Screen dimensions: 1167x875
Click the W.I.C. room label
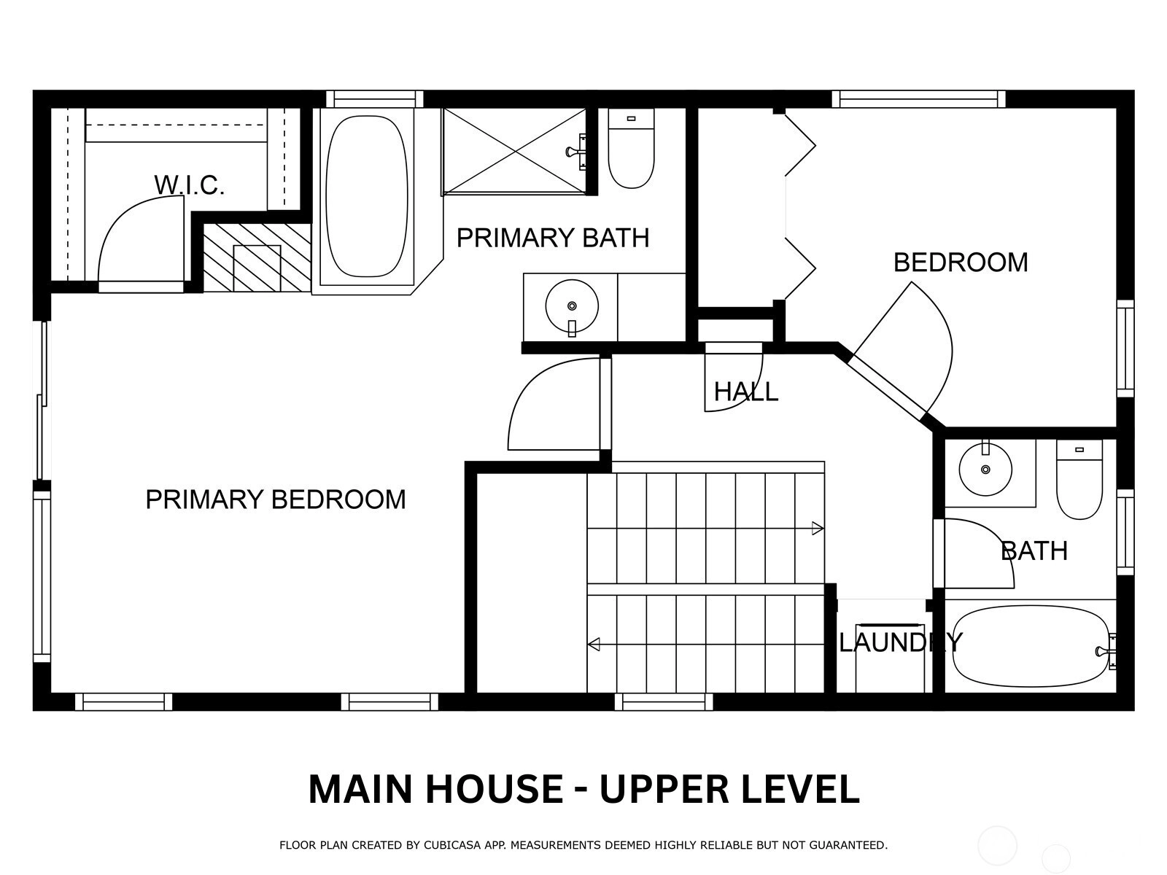tap(189, 185)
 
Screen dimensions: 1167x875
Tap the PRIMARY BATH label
tap(553, 238)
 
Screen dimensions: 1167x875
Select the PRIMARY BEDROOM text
tap(276, 499)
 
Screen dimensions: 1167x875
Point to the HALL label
tap(746, 392)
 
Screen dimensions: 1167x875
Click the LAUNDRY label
tap(901, 642)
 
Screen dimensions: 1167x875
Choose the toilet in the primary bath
tap(631, 148)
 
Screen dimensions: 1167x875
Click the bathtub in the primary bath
tap(366, 196)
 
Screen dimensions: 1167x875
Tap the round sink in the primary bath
tap(572, 306)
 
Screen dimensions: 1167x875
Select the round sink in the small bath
tap(985, 469)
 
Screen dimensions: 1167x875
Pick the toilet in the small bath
tap(1079, 479)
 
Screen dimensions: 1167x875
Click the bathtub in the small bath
tap(1031, 647)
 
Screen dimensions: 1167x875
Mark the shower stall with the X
tap(515, 152)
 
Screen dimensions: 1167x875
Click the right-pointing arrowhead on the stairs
tap(818, 529)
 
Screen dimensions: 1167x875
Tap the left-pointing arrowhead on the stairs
tap(594, 645)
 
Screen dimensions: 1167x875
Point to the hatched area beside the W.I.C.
tap(257, 257)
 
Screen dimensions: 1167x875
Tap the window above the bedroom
tap(919, 99)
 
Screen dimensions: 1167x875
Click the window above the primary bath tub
tap(375, 99)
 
